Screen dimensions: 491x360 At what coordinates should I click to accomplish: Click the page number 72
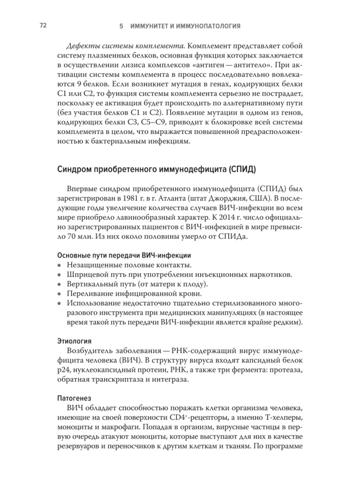(43, 26)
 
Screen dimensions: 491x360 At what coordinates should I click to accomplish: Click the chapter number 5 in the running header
(121, 26)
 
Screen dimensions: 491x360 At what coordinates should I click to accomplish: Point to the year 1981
(129, 200)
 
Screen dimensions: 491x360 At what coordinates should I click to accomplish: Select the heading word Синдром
(74, 169)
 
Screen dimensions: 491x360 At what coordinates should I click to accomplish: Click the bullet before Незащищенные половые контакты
(59, 265)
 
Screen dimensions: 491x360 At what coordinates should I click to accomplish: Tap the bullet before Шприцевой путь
(59, 275)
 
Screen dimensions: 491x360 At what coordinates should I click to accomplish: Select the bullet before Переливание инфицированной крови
(59, 294)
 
